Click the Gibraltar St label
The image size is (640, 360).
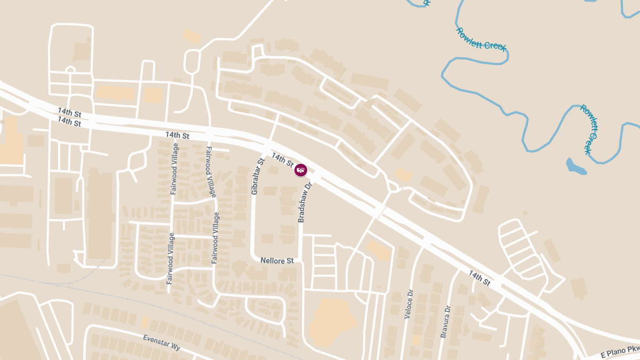(258, 177)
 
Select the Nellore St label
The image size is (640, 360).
(277, 261)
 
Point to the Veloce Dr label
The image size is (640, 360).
(409, 305)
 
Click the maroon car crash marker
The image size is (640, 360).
(301, 170)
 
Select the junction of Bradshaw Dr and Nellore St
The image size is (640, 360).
(302, 261)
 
